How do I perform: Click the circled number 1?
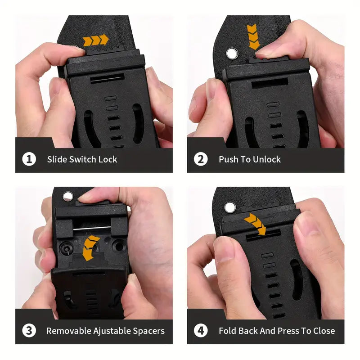click(29, 159)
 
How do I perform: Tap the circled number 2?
click(201, 159)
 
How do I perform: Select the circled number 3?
click(29, 331)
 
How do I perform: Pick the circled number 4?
click(201, 331)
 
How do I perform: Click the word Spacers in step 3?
click(149, 331)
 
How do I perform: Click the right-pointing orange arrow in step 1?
click(96, 40)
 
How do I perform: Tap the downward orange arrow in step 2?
click(253, 37)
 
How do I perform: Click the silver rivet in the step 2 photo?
click(232, 54)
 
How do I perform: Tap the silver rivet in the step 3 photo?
click(68, 197)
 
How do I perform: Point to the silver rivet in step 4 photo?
click(230, 207)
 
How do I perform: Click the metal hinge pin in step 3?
click(92, 229)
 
